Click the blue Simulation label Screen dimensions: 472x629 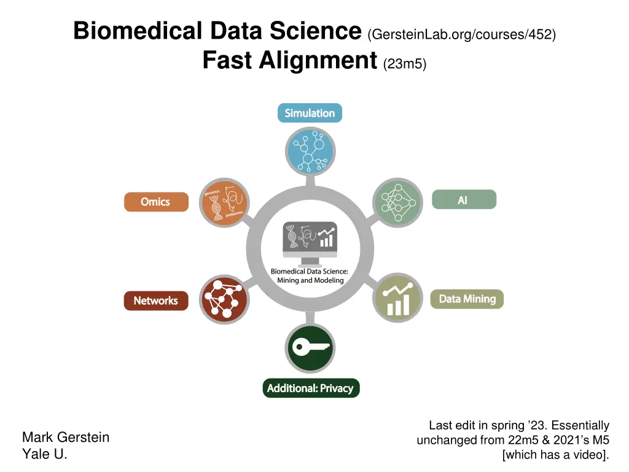coord(310,113)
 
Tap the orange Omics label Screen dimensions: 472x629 coord(156,202)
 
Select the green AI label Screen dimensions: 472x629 coord(464,200)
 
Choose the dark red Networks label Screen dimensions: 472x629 coord(156,301)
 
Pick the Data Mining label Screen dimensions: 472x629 coord(467,299)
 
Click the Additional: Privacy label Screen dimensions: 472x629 coord(310,388)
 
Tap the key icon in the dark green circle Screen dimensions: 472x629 coord(310,348)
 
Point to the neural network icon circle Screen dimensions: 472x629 coord(397,202)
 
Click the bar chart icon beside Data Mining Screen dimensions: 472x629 coord(397,297)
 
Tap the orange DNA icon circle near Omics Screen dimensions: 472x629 coord(224,202)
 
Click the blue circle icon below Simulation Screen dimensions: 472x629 coord(310,151)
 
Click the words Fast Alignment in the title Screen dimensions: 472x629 coord(289,61)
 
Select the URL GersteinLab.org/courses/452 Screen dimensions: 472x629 coord(462,34)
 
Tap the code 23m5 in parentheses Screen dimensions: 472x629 coord(404,64)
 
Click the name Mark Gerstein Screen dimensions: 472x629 coord(66,438)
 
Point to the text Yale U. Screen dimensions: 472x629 coord(44,455)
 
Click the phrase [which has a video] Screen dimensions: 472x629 coord(555,455)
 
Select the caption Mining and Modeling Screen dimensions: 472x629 coord(310,280)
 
